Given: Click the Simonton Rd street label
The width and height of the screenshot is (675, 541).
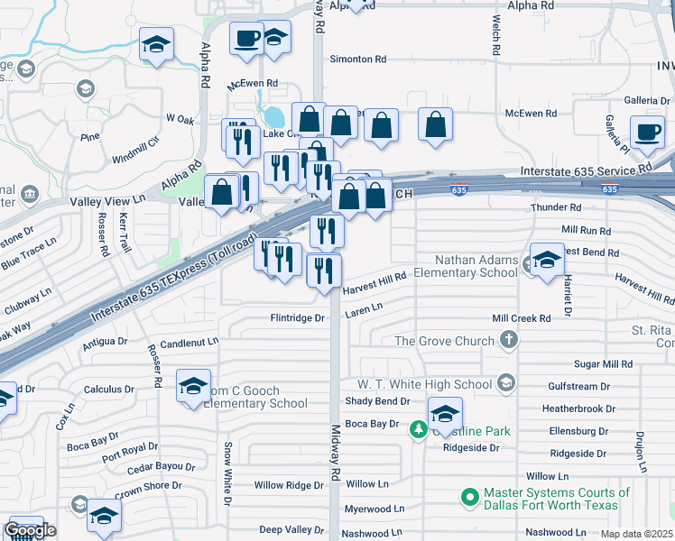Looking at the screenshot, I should point(357,59).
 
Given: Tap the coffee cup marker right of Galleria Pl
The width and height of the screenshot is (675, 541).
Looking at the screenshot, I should point(647,133).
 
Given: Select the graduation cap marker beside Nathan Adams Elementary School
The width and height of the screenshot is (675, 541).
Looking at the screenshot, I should point(546,261).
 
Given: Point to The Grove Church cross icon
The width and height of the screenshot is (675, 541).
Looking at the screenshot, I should point(509,341).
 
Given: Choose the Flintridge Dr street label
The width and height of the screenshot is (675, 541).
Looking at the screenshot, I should point(297,318).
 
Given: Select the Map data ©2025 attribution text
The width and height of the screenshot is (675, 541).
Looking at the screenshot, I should point(635,534).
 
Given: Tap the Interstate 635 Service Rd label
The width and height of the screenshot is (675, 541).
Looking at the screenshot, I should point(586,169).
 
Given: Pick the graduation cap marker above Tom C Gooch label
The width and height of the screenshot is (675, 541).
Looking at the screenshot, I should point(194,387).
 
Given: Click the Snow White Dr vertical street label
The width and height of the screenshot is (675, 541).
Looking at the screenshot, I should point(227,472).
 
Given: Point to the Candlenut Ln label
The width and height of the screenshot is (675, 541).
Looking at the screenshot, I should point(190,343).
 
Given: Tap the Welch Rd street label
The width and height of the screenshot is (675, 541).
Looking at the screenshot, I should point(495,34).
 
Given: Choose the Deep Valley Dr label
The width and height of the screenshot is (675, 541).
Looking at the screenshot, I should point(291,530).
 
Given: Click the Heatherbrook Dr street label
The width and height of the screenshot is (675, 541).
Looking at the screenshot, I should point(576,408).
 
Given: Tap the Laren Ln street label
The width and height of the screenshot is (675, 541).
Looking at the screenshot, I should point(364,307).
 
